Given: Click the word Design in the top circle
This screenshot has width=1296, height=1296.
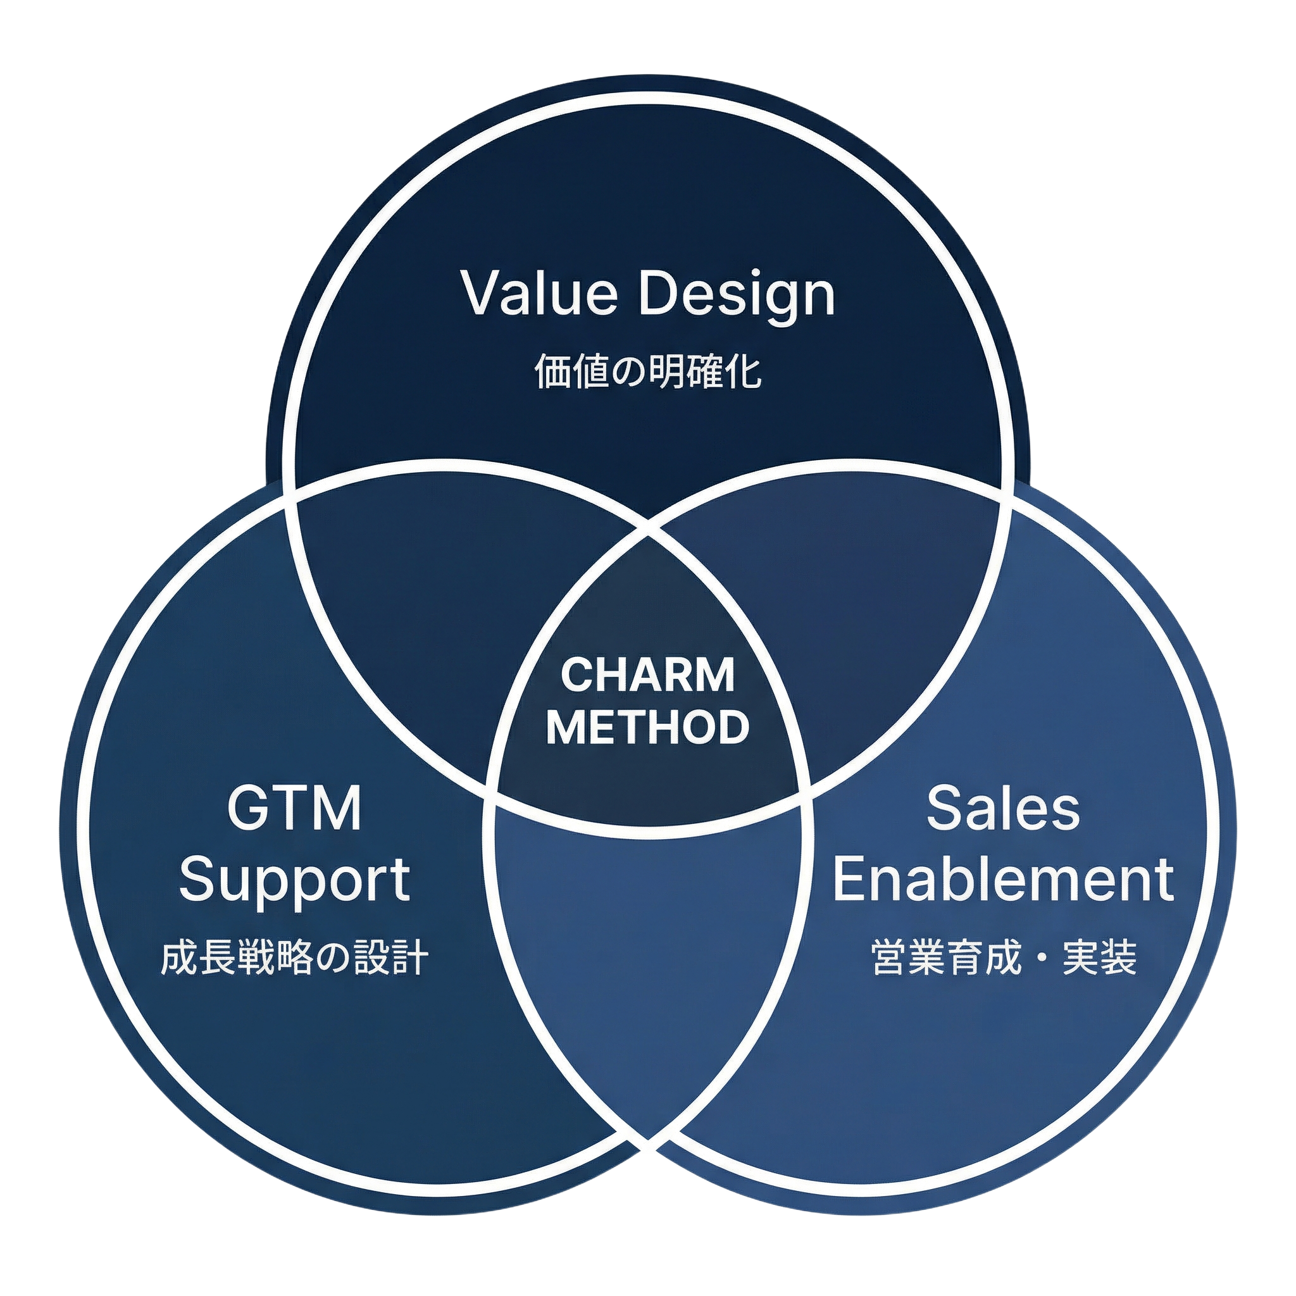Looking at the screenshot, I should [x=737, y=296].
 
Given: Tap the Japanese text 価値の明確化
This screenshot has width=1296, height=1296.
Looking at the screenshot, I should [x=648, y=372].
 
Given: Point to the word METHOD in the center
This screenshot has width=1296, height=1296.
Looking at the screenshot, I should [x=647, y=726].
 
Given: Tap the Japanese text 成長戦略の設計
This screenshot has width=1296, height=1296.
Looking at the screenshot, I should [x=295, y=959].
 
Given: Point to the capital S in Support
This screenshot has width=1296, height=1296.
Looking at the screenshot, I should [x=198, y=879].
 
